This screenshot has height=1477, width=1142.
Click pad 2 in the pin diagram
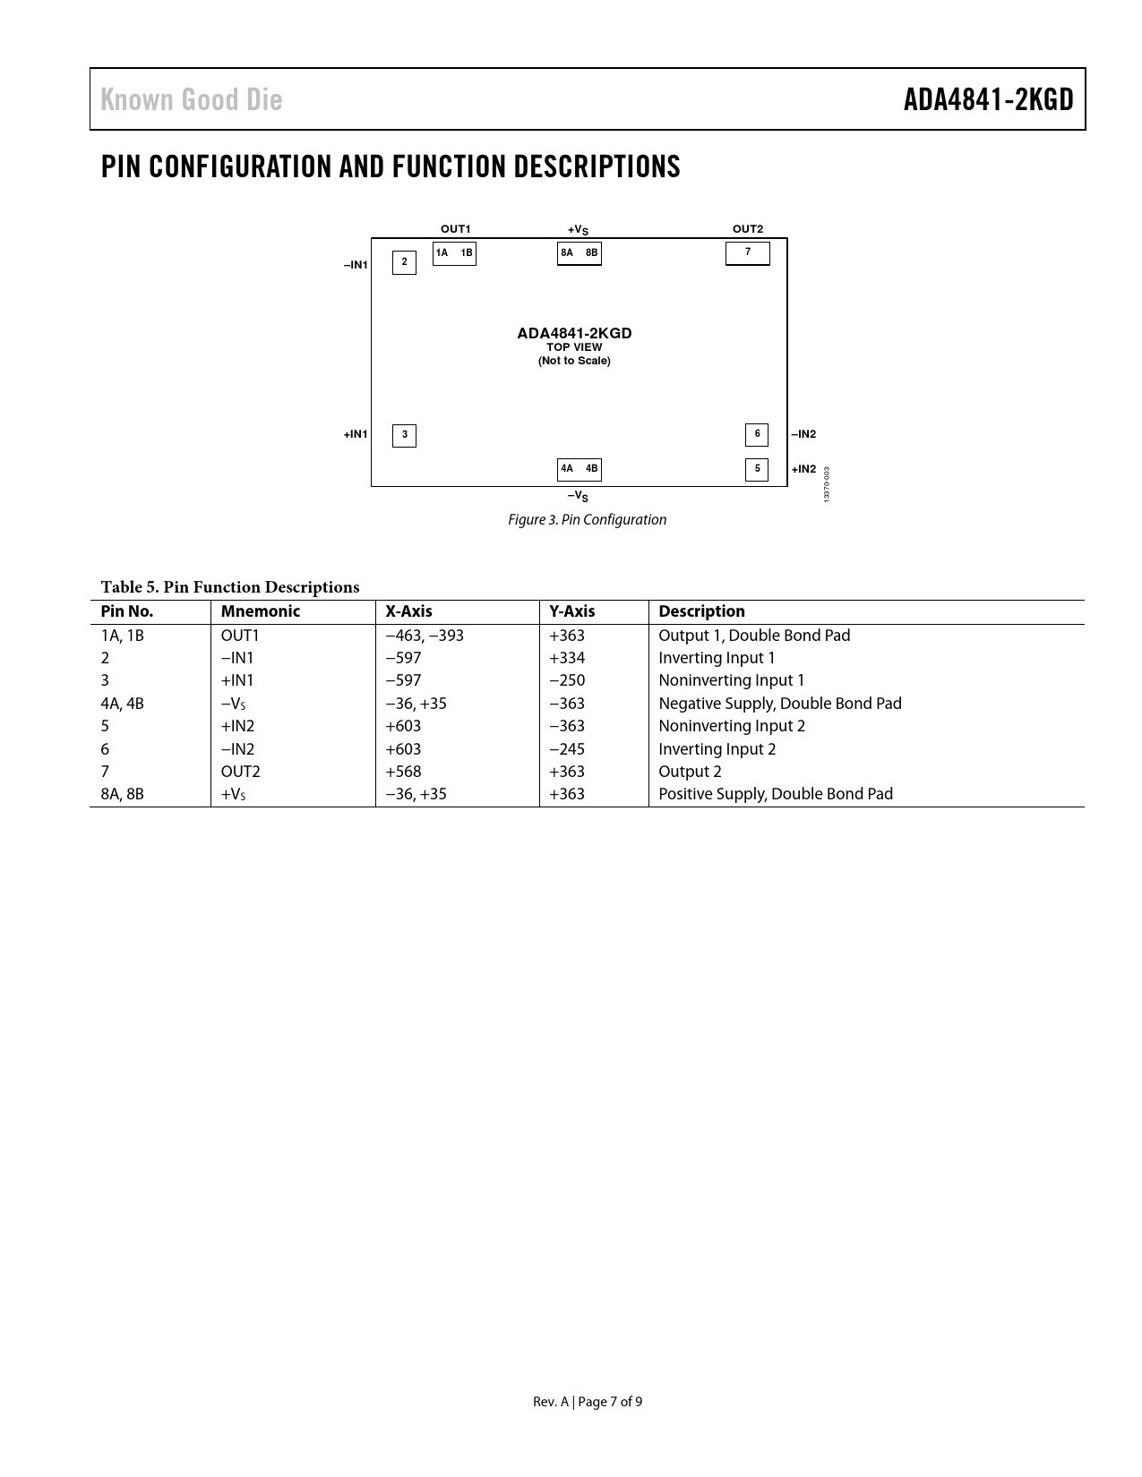tap(404, 262)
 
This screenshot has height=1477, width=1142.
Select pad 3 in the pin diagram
tap(404, 435)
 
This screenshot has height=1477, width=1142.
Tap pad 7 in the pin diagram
tap(747, 253)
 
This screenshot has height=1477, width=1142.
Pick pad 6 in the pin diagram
tap(757, 434)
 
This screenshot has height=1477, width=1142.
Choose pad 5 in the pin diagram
tap(757, 469)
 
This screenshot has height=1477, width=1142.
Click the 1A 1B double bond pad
tap(454, 254)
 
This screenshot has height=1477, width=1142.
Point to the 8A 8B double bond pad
tap(579, 254)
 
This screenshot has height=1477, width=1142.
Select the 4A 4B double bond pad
tap(579, 469)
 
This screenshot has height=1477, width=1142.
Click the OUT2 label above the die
tap(748, 229)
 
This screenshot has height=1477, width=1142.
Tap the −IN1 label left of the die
tap(356, 265)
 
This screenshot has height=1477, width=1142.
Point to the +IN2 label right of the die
tap(803, 469)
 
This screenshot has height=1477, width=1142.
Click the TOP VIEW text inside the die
tap(574, 347)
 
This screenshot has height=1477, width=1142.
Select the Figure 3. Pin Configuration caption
tap(587, 520)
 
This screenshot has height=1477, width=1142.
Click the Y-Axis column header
tap(571, 611)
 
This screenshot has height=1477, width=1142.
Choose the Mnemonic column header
tap(261, 611)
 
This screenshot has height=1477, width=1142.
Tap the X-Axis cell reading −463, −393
tap(425, 636)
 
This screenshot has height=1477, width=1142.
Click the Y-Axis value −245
tap(567, 749)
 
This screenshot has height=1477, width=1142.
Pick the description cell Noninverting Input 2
tap(732, 726)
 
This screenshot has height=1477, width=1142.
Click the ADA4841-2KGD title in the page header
tap(988, 99)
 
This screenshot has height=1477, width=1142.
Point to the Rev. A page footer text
tap(587, 1402)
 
